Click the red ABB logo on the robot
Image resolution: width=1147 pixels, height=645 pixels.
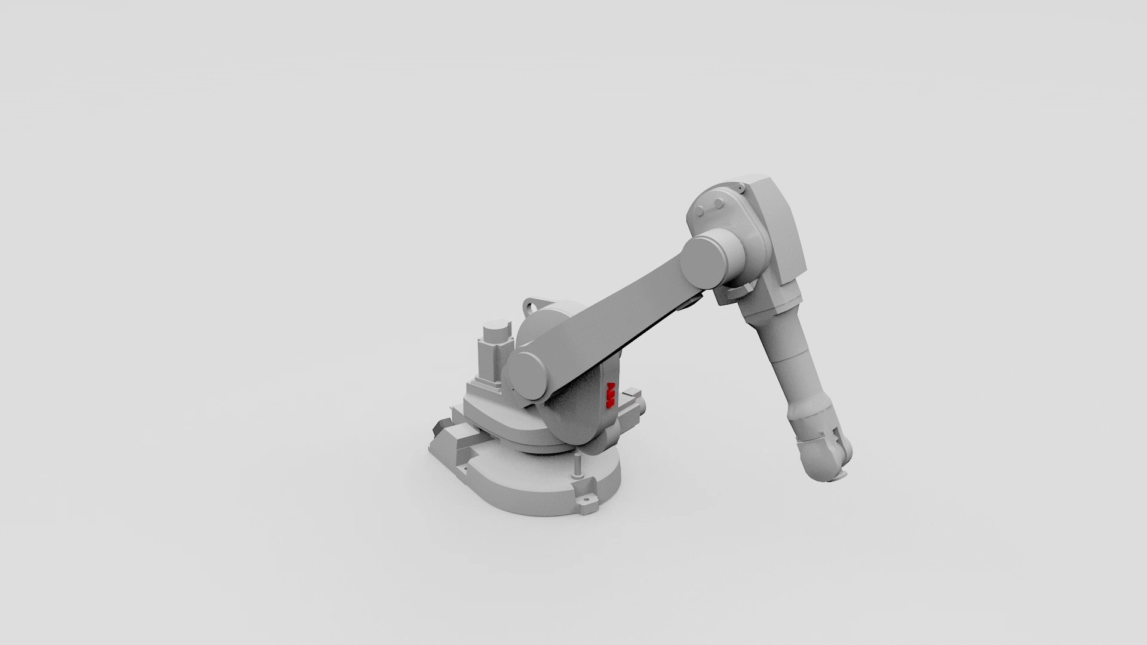pyautogui.click(x=611, y=395)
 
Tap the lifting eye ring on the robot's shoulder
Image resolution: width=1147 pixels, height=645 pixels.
pyautogui.click(x=531, y=307)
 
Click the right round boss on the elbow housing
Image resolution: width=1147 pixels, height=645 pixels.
pyautogui.click(x=717, y=204)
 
